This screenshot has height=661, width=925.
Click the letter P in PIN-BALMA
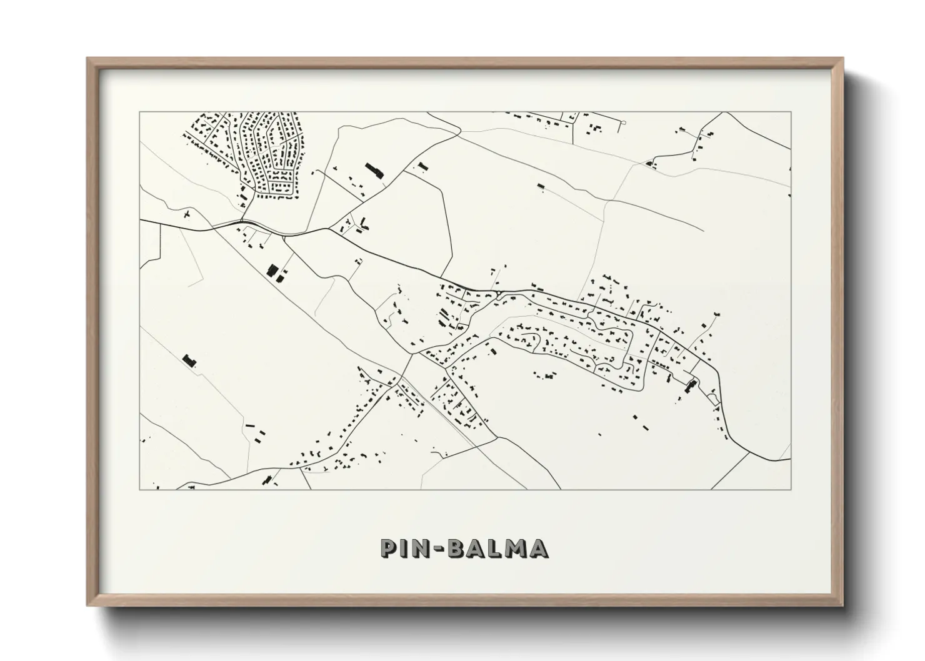tap(390, 548)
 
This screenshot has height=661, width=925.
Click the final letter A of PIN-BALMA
tap(539, 548)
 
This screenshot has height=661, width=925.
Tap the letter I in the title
tap(404, 548)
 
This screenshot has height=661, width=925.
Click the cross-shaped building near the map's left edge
tap(187, 215)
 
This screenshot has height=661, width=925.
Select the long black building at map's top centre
tap(373, 170)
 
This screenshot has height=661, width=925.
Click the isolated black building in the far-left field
tap(189, 360)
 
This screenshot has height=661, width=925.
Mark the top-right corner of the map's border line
tap(791, 112)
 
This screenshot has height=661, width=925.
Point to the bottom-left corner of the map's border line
tap(139, 489)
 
